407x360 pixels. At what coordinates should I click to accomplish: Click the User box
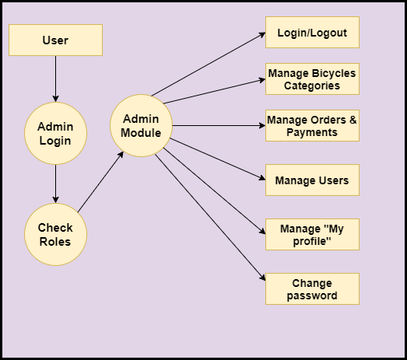tap(55, 40)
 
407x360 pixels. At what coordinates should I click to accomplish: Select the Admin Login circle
tap(55, 133)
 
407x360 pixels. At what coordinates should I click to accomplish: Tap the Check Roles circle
tap(55, 235)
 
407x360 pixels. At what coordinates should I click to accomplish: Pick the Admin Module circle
tap(141, 125)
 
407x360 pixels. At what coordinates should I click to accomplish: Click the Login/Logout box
tap(312, 32)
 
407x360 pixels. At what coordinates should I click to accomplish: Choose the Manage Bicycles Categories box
tap(312, 79)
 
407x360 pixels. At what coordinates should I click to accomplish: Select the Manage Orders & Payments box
tap(312, 125)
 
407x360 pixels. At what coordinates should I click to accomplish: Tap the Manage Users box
tap(312, 180)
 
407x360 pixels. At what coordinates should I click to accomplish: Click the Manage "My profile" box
tap(312, 235)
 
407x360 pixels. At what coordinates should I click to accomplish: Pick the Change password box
tap(312, 289)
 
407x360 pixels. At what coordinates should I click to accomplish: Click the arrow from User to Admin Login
tap(55, 79)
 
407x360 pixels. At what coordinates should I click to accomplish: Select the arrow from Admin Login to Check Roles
tap(55, 184)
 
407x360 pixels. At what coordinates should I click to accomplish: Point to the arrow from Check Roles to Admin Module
tap(100, 182)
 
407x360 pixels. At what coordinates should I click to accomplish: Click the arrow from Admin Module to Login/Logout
tap(209, 64)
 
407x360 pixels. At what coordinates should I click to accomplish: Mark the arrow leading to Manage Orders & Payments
tap(219, 125)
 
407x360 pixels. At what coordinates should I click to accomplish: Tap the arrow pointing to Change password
tap(210, 218)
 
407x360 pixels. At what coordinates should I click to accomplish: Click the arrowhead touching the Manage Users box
tap(262, 177)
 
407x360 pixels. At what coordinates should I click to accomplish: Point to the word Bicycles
tap(334, 73)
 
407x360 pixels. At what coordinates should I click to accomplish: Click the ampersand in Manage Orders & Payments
tap(353, 120)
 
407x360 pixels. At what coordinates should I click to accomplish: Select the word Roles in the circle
tap(55, 242)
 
